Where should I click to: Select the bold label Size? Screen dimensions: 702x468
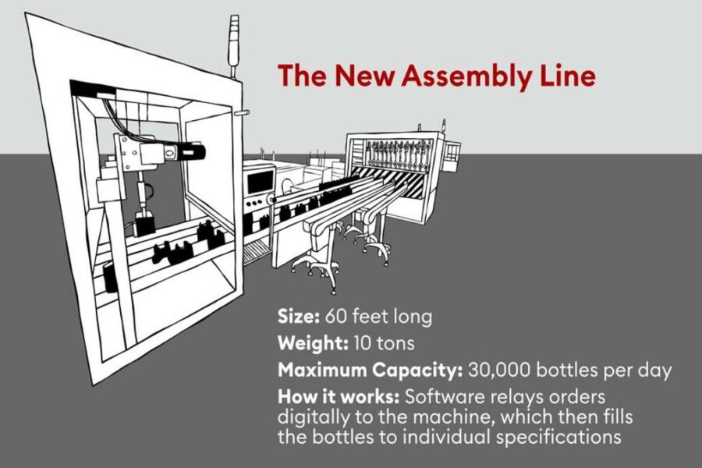(x=298, y=316)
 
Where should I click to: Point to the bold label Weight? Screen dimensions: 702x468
(x=313, y=344)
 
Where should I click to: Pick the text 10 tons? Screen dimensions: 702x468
(x=384, y=343)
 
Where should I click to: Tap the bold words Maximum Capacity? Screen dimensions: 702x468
(x=370, y=370)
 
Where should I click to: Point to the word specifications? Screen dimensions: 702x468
(x=558, y=437)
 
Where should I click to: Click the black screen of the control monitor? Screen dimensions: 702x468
(x=260, y=182)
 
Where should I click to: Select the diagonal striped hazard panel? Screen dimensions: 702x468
(x=394, y=180)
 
